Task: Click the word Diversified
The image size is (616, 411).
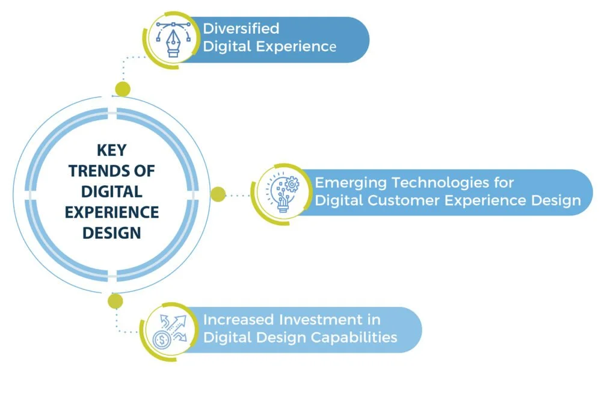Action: click(241, 28)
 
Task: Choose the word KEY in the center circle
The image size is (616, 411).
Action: click(111, 150)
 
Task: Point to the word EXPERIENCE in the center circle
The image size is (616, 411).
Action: click(112, 212)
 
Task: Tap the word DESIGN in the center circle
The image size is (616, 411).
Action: click(112, 232)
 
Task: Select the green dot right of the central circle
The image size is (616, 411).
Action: click(218, 194)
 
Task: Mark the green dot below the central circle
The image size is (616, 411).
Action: click(115, 301)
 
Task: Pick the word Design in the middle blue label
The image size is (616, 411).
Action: click(559, 200)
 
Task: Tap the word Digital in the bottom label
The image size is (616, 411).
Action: click(226, 337)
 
